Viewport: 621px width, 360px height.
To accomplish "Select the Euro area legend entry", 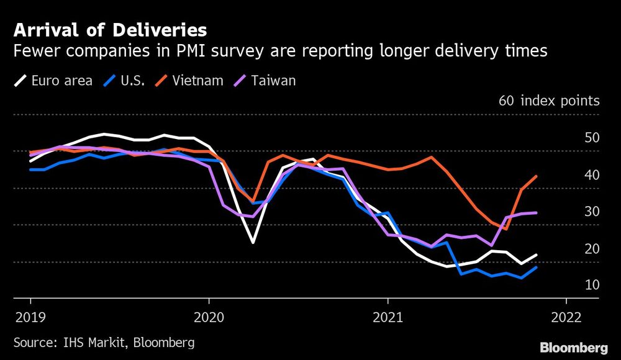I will tap(53, 81).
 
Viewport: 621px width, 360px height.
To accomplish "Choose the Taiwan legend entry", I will tap(266, 81).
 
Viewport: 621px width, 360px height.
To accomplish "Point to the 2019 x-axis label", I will tap(30, 317).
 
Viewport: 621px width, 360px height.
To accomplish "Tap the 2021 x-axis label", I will tap(388, 317).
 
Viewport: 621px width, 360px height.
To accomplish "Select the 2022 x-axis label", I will tap(566, 317).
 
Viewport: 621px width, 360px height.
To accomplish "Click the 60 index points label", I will tap(549, 101).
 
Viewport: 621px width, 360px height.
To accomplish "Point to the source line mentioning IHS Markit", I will tap(104, 342).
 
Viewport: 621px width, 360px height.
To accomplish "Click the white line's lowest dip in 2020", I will tap(253, 242).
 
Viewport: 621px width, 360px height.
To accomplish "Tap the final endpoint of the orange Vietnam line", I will tap(536, 176).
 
